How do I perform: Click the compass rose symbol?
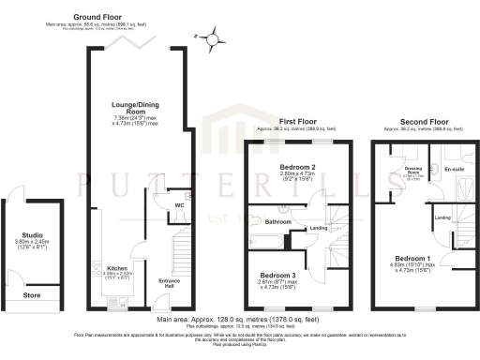point(217,37)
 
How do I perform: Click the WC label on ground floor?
point(178,205)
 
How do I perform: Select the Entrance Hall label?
point(170,282)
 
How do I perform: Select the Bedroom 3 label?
point(278,275)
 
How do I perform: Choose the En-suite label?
point(453,170)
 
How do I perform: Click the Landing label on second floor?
point(442,218)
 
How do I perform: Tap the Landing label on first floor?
point(318,228)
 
